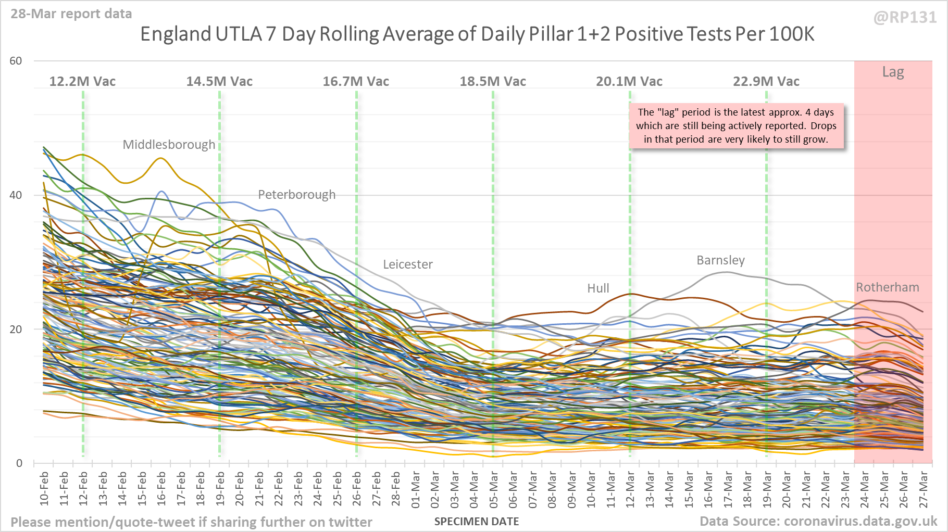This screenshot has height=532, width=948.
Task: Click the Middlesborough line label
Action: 169,145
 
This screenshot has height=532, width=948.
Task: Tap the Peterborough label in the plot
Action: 297,195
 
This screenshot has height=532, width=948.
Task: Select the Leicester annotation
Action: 408,264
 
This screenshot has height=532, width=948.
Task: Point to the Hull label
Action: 598,288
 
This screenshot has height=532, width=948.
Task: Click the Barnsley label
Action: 720,260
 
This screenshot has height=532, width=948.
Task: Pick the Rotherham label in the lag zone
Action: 888,287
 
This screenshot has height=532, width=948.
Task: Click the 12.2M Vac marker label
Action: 82,82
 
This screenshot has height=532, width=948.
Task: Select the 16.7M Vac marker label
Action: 356,82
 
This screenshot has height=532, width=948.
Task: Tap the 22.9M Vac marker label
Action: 766,82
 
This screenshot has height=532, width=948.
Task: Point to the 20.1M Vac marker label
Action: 629,82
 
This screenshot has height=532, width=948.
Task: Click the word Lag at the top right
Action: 893,72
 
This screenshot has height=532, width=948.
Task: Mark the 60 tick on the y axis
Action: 16,61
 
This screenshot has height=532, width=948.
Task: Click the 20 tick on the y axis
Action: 16,330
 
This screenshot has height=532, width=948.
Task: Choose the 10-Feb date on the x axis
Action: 44,488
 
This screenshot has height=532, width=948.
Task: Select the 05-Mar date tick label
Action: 493,488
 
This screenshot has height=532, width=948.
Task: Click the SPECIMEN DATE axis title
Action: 477,522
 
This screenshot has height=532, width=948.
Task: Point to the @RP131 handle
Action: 905,18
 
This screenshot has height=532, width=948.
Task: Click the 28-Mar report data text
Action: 71,14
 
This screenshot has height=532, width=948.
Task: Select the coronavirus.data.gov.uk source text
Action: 860,522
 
